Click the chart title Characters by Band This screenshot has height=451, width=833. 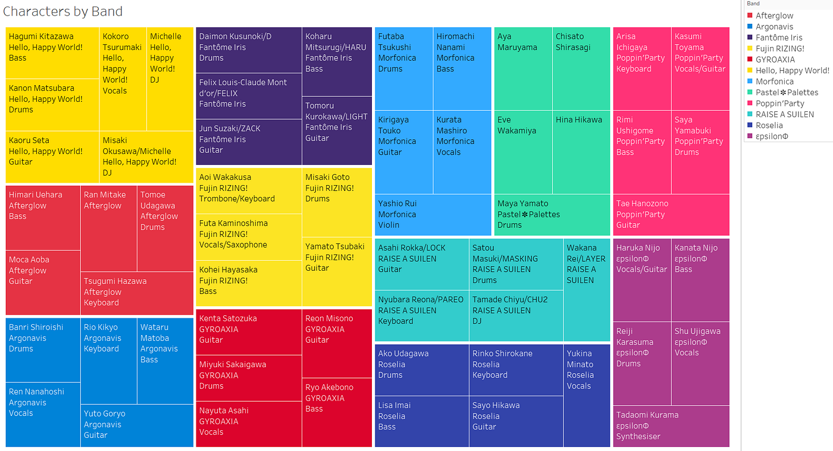pos(62,11)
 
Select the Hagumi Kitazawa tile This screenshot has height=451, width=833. pos(52,53)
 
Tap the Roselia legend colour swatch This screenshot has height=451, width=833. pos(750,126)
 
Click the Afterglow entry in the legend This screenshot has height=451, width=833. pos(774,15)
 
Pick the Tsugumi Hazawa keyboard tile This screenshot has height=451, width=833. pos(137,293)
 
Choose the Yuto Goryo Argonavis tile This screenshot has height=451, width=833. pos(137,425)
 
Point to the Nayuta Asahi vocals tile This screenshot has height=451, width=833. pos(249,424)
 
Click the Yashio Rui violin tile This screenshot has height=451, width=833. pos(433,215)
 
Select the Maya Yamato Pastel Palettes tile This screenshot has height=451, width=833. pos(552,215)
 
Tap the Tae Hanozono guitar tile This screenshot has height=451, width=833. pos(671,215)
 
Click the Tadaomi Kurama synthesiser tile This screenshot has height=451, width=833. pos(671,426)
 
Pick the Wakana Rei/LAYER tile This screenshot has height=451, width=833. pos(587,290)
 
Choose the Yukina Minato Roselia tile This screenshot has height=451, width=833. pos(587,396)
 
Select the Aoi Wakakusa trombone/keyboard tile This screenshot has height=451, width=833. pos(249,191)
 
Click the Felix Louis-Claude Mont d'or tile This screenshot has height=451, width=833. pos(249,96)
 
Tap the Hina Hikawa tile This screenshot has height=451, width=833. pos(581,152)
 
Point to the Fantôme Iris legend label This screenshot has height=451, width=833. pos(779,37)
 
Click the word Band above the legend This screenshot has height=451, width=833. pos(753,4)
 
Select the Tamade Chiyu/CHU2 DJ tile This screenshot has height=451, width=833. pos(516,315)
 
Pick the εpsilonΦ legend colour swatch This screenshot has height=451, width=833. pos(750,136)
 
